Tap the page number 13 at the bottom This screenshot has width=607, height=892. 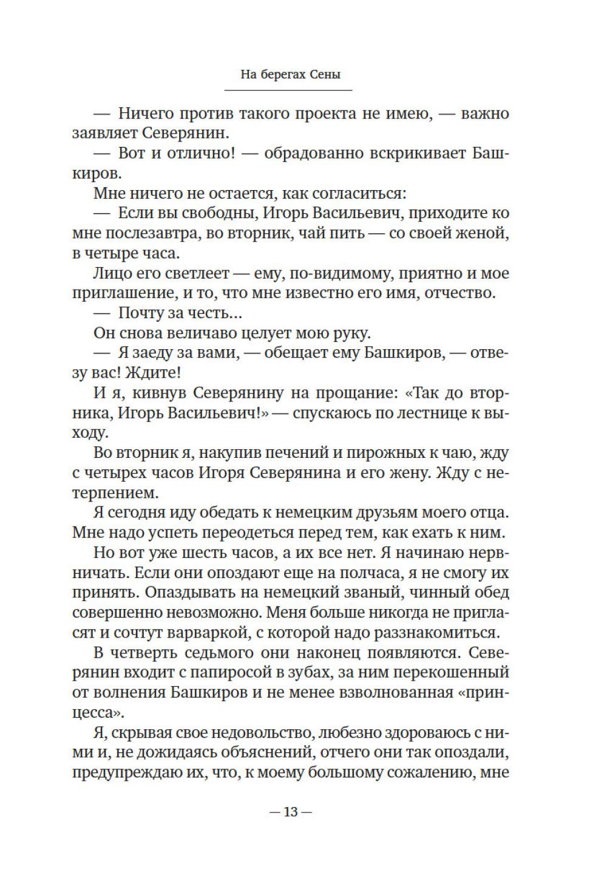[290, 812]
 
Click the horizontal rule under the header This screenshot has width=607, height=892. [288, 90]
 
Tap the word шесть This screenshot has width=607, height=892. [219, 553]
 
